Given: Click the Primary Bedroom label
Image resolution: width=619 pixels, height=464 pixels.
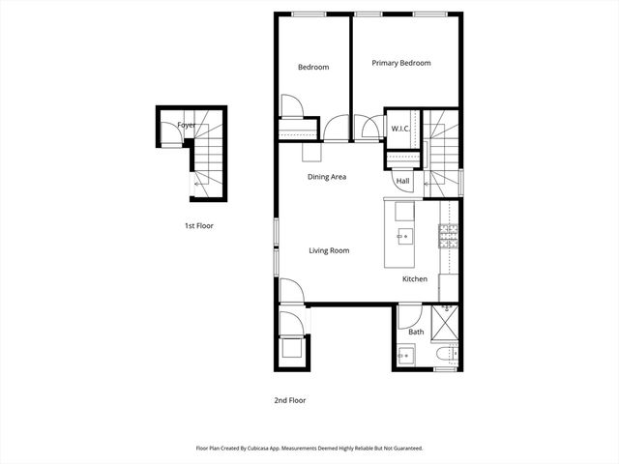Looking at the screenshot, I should click(x=401, y=63).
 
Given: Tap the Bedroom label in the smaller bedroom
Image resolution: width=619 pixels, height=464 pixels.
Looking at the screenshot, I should click(x=313, y=67).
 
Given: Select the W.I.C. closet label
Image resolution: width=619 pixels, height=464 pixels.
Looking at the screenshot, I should click(x=401, y=129).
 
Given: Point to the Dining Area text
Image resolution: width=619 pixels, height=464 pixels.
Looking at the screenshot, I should click(x=327, y=177).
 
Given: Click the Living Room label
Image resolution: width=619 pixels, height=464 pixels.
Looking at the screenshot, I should click(x=329, y=250).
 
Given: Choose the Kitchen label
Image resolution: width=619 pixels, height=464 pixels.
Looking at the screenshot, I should click(x=415, y=279).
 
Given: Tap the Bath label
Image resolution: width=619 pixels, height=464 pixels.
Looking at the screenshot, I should click(x=416, y=333).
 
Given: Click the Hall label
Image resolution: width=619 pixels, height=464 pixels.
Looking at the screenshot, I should click(x=402, y=181).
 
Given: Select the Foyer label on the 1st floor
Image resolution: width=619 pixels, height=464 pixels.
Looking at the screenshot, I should click(x=186, y=126).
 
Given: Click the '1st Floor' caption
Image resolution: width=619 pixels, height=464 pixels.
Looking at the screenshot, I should click(x=198, y=225).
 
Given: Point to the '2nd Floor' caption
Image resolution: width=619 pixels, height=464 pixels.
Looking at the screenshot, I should click(x=290, y=399).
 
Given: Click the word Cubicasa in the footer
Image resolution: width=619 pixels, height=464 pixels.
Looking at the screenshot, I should click(x=258, y=449).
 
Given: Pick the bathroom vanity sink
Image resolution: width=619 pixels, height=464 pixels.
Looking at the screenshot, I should click(x=405, y=356).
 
